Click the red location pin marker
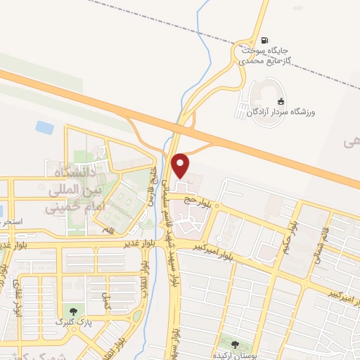pos(181,165)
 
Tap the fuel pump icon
pos(264,39)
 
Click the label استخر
pos(12,221)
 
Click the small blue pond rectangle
pos(44,128)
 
